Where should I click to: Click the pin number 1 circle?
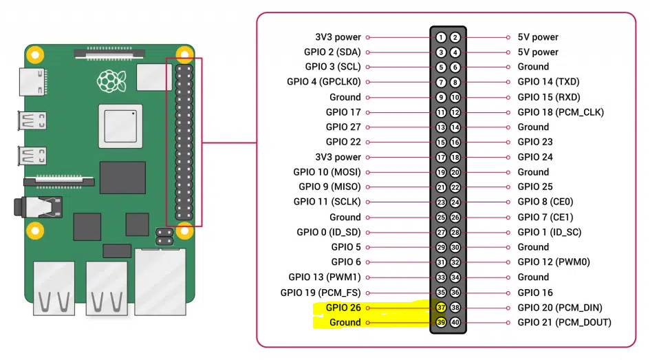pos(441,37)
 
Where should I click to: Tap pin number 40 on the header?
pos(455,322)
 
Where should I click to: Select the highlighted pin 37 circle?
pos(441,307)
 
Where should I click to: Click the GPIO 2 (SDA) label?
pos(332,52)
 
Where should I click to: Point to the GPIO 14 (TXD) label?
pos(548,82)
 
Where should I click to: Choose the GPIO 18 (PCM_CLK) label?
pos(561,112)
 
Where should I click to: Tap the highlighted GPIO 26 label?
pos(343,307)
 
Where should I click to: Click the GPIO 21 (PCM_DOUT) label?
pos(565,322)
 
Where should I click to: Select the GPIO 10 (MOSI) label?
pos(327,171)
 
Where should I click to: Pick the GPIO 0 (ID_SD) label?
pos(329,232)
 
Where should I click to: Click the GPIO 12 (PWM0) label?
pos(554,262)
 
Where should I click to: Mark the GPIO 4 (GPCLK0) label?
pos(324,82)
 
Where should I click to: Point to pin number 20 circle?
pos(455,172)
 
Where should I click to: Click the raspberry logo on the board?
pos(111,81)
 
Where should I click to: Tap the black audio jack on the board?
pos(38,207)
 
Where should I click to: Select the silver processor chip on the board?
pos(120,126)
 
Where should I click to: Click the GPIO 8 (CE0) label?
pos(545,202)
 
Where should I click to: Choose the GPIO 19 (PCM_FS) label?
pos(321,293)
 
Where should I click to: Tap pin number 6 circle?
pos(455,67)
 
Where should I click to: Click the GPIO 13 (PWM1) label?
pos(325,277)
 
